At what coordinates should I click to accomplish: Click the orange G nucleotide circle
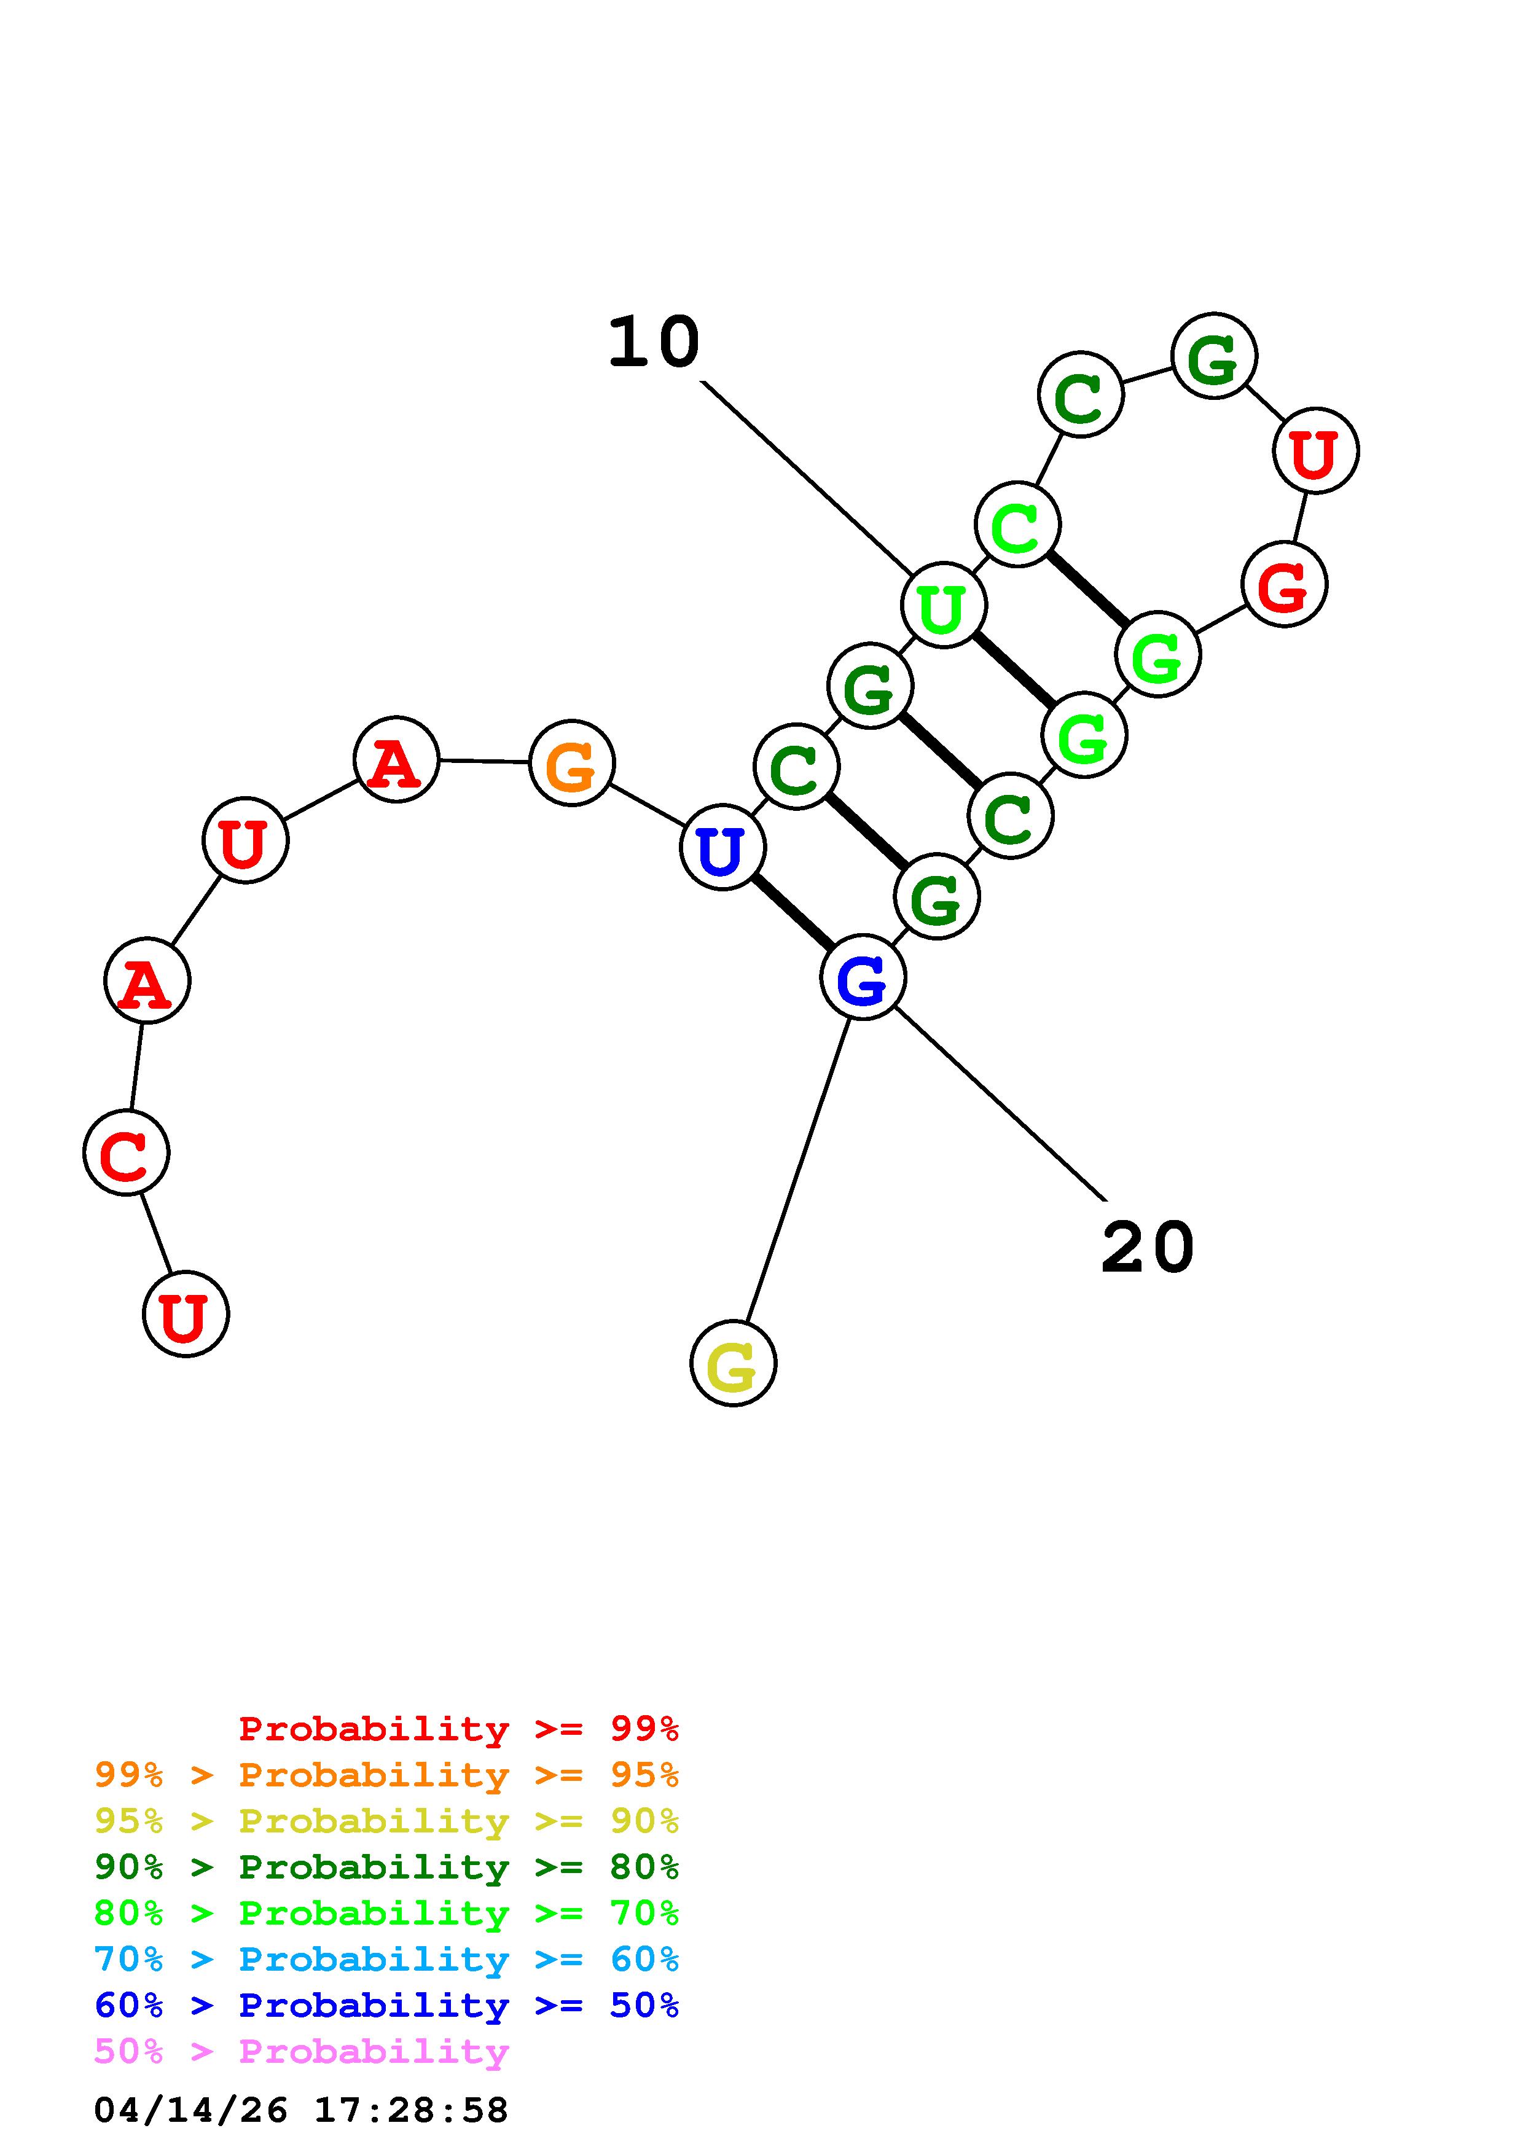click(x=571, y=763)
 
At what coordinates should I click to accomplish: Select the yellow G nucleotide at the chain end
click(x=733, y=1363)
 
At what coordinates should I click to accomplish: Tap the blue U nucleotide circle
click(x=722, y=848)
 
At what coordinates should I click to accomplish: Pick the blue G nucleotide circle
click(x=863, y=977)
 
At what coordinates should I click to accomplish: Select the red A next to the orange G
click(x=396, y=759)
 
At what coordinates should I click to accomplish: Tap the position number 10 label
click(x=654, y=343)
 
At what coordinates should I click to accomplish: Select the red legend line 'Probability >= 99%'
click(x=459, y=1729)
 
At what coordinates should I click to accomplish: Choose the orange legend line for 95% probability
click(x=386, y=1775)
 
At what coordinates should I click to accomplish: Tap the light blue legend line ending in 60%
click(x=386, y=1960)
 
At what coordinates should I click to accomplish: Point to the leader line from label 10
click(x=807, y=477)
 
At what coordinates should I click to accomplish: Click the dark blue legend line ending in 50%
click(x=386, y=2006)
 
